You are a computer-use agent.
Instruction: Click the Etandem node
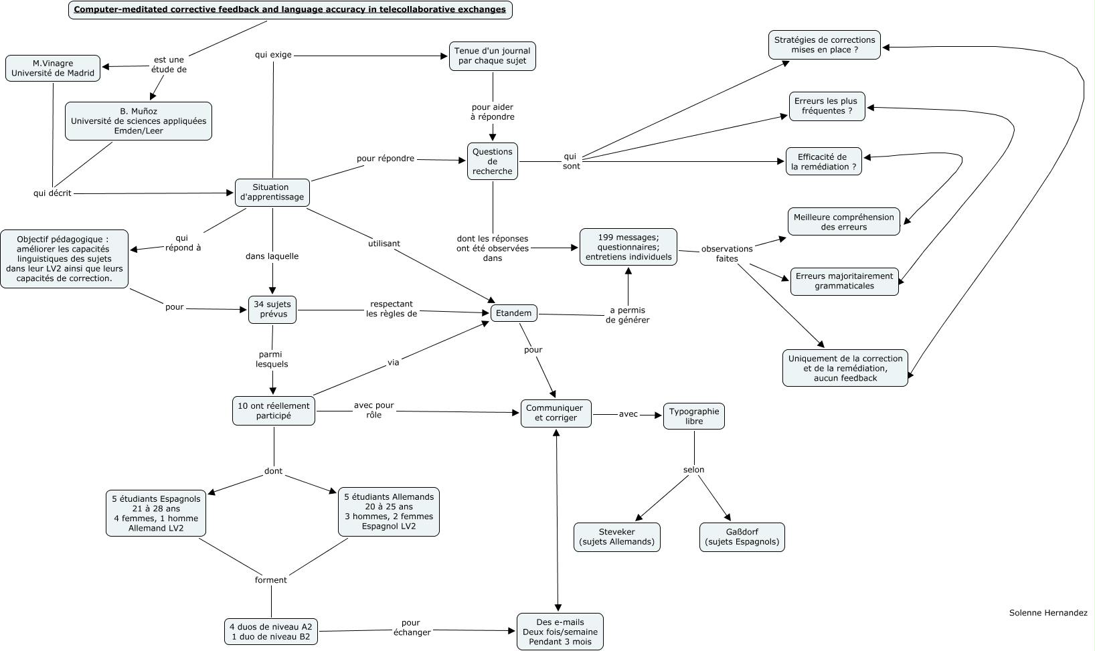tap(514, 313)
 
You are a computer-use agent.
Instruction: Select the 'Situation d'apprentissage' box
tap(272, 192)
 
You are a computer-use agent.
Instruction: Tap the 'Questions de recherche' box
tap(493, 161)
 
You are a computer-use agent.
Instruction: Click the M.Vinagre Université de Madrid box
tap(53, 68)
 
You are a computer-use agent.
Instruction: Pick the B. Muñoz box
tap(139, 121)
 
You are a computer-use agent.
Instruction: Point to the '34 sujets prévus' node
tap(272, 310)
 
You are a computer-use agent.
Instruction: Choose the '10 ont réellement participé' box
tap(274, 411)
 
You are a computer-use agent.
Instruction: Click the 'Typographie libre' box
tap(694, 416)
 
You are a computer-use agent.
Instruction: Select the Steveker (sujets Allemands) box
tap(617, 537)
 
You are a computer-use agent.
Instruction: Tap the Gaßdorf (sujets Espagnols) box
tap(742, 537)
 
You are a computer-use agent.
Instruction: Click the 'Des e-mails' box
tap(560, 632)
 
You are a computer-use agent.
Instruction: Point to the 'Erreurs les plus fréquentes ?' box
tap(827, 106)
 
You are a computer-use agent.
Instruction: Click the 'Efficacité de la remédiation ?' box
tap(823, 162)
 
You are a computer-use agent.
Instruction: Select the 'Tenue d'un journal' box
tap(493, 56)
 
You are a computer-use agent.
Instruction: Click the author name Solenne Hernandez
tap(1048, 612)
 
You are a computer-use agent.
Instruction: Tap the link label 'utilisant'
tap(384, 244)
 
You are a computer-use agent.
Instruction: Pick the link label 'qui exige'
tap(273, 55)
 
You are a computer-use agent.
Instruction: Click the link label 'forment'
tap(271, 580)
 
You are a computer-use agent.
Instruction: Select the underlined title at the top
tap(290, 10)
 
